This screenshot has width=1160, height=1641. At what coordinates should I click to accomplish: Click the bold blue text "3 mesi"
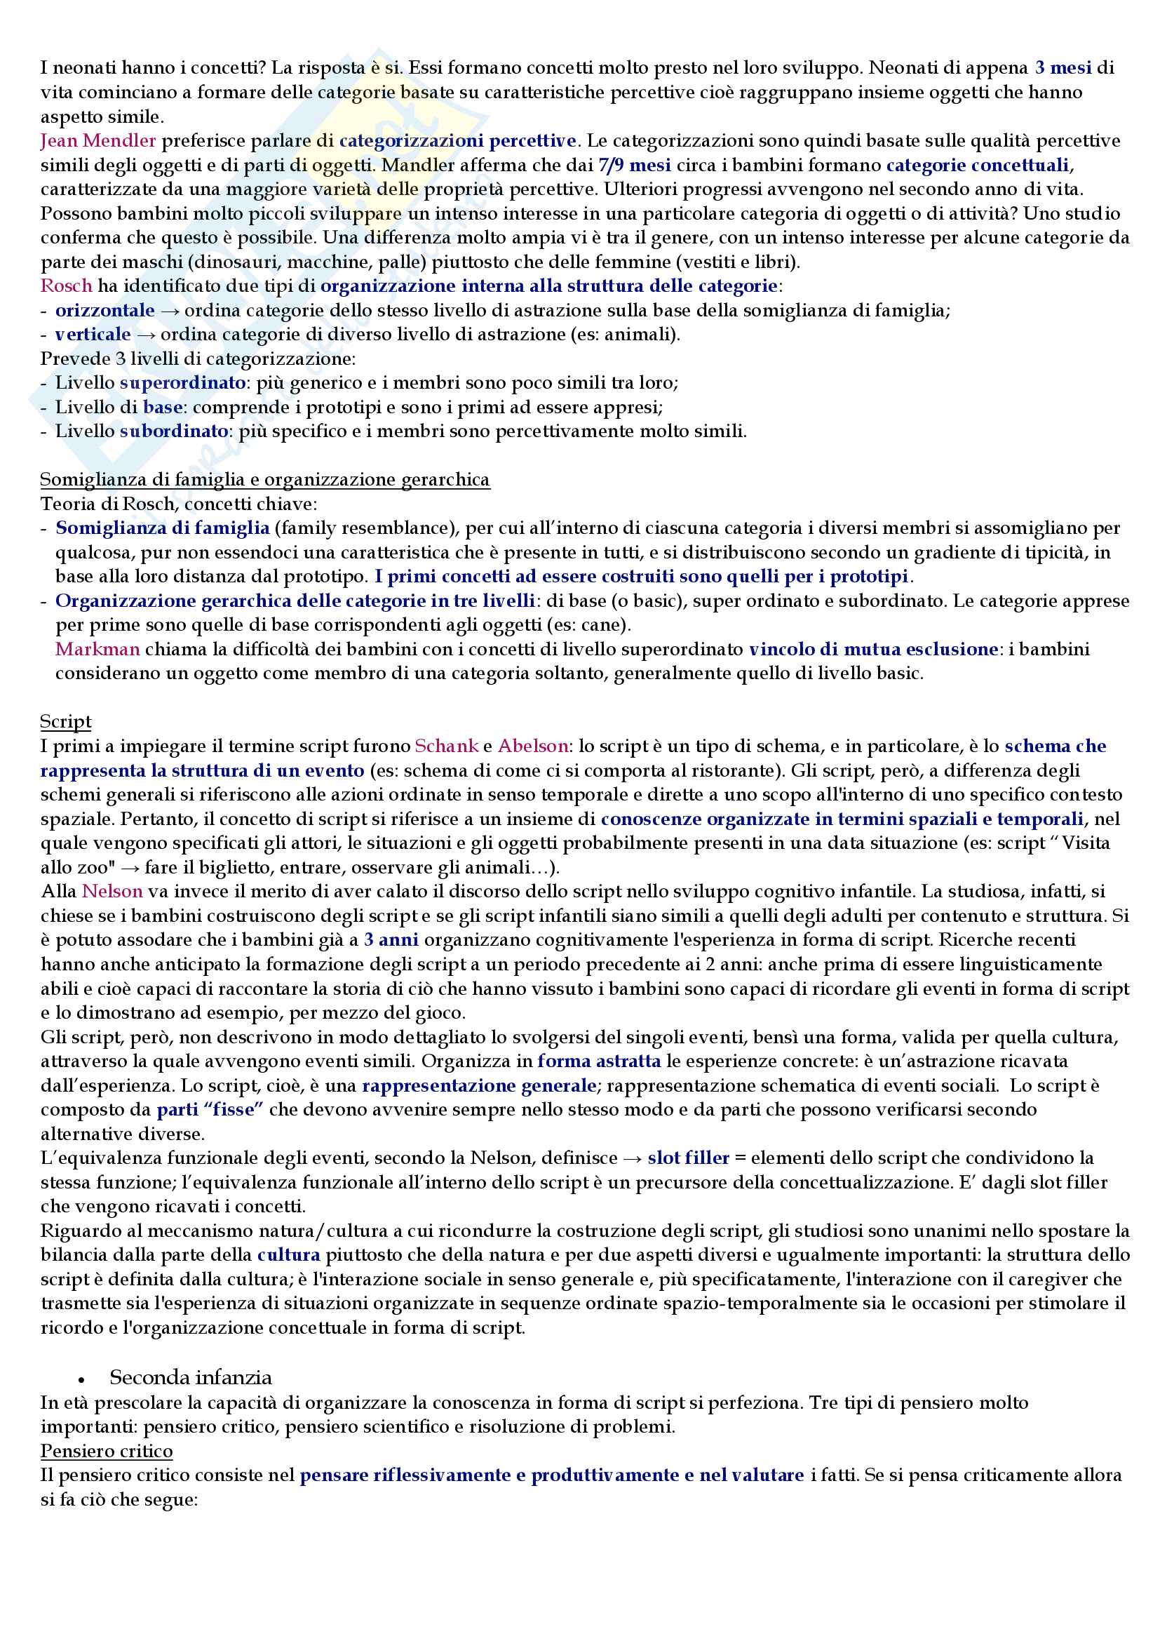[x=1063, y=68]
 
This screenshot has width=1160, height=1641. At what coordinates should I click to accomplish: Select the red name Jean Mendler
[x=98, y=141]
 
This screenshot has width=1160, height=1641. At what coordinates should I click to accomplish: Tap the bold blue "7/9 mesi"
[x=634, y=165]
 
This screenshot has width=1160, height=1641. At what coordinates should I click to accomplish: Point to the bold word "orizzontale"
[x=105, y=310]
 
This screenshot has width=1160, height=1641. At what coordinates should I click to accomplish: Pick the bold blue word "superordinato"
[x=183, y=382]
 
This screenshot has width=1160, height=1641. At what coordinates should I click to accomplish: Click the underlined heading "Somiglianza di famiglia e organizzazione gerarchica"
[x=265, y=479]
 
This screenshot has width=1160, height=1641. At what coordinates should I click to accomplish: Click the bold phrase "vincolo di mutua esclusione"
[x=873, y=649]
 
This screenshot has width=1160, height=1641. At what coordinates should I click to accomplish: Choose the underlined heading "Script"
[x=66, y=721]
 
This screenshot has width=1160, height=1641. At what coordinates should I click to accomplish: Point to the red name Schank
[x=447, y=746]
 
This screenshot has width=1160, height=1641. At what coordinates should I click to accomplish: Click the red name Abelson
[x=533, y=746]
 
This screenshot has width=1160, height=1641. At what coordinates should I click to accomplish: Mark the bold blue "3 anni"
[x=391, y=940]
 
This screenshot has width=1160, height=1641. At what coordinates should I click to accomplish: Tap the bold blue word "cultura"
[x=288, y=1255]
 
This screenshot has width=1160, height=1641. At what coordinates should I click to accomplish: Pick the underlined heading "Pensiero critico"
[x=107, y=1451]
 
